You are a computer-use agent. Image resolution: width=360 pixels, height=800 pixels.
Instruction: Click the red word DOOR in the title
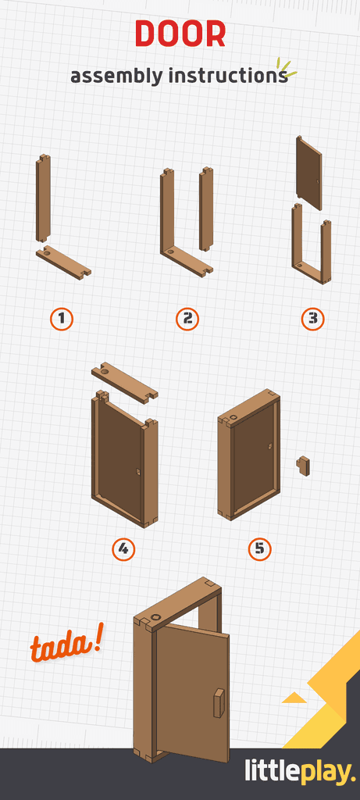180,34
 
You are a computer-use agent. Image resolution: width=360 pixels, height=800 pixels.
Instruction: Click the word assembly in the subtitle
116,77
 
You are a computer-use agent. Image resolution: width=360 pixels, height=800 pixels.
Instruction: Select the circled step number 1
62,319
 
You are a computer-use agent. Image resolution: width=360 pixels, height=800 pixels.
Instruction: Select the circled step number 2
187,319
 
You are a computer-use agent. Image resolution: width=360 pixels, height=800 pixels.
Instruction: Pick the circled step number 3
312,319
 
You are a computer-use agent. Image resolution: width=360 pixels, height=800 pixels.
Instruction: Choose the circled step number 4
123,549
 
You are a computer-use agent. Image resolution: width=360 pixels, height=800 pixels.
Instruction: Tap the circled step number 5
259,549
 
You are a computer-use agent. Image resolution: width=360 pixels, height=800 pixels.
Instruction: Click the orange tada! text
66,646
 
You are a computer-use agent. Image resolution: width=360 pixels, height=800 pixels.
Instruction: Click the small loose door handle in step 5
303,466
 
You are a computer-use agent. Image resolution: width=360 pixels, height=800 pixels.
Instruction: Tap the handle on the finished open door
218,702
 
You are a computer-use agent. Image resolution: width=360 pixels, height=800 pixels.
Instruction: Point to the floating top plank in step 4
124,382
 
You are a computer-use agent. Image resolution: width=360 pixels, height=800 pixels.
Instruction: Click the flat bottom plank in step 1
63,262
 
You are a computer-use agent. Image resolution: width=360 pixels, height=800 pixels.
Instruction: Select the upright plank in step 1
44,198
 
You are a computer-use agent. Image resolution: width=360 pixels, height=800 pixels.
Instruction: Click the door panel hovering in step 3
308,173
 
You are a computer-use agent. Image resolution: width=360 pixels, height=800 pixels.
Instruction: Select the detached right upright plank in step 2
206,209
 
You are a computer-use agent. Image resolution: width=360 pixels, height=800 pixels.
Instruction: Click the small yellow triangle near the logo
294,697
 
